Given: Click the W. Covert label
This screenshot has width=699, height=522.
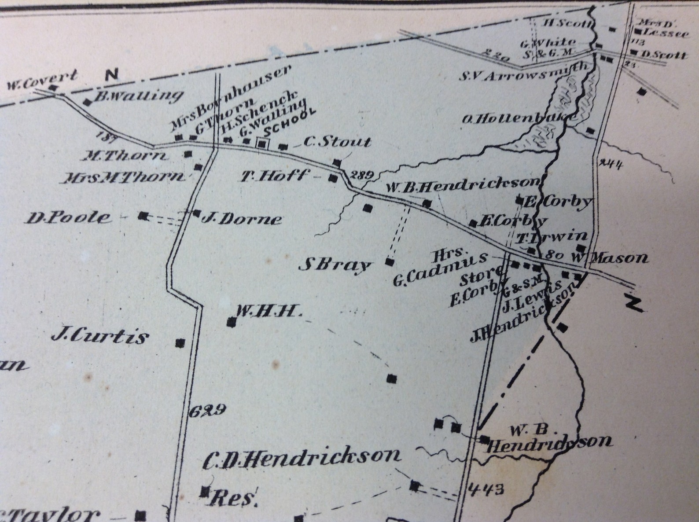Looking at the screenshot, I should pyautogui.click(x=42, y=80).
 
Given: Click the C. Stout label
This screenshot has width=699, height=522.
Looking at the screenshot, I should pyautogui.click(x=337, y=142).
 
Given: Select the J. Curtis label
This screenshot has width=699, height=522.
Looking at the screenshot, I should pyautogui.click(x=100, y=337).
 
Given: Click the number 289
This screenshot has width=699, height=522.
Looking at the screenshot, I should pyautogui.click(x=361, y=175).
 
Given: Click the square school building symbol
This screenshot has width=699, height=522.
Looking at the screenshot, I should pyautogui.click(x=262, y=144).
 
